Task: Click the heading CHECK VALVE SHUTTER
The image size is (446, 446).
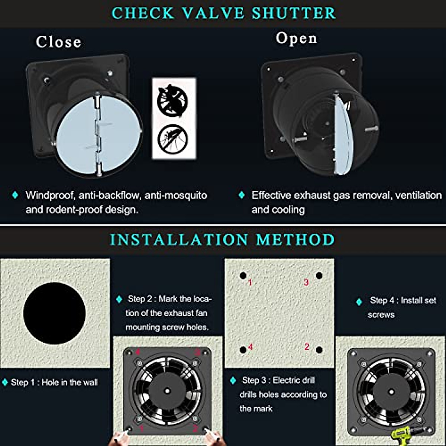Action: point(224,13)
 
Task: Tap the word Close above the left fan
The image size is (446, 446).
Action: point(58,42)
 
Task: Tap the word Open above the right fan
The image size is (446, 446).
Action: point(296,38)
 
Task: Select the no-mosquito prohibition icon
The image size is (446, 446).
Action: point(172,138)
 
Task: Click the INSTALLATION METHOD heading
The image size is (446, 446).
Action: point(222,240)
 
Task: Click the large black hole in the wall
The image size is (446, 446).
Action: point(54,313)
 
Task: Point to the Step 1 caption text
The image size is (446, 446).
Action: point(54,382)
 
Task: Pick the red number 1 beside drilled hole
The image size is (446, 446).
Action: point(250,283)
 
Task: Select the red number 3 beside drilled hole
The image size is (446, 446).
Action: point(306,282)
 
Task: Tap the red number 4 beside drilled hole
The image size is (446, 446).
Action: point(251,347)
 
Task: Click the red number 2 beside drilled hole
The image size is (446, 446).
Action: point(307,347)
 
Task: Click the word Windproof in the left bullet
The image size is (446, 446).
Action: point(49,195)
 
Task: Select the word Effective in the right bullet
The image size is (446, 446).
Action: point(271,195)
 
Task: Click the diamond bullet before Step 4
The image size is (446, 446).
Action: point(359,302)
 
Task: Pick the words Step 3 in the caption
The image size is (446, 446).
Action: point(254,380)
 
